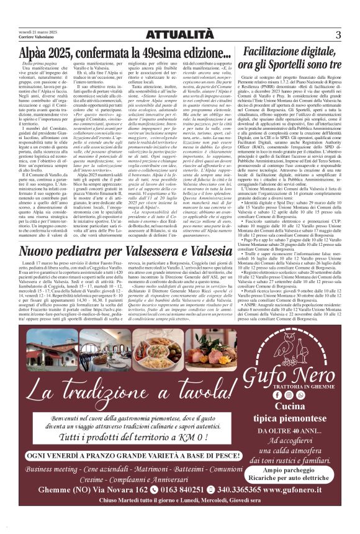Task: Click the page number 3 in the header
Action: pos(338,35)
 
